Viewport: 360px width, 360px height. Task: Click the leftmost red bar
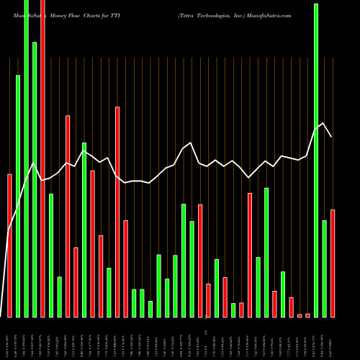pyautogui.click(x=9, y=245)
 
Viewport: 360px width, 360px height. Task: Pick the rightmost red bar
pyautogui.click(x=333, y=263)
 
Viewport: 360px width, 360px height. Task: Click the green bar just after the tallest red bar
pyautogui.click(x=51, y=255)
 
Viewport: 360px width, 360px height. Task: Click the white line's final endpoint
pyautogui.click(x=332, y=137)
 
